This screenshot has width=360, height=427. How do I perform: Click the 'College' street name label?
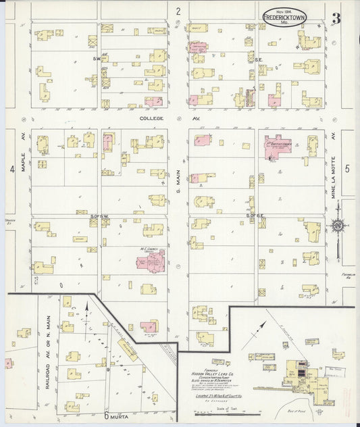(152, 118)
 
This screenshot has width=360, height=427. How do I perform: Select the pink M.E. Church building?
(153, 259)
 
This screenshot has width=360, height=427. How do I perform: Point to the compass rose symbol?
(336, 225)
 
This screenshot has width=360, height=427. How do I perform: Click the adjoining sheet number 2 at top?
(178, 11)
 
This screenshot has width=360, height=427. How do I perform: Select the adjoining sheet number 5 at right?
(347, 169)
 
